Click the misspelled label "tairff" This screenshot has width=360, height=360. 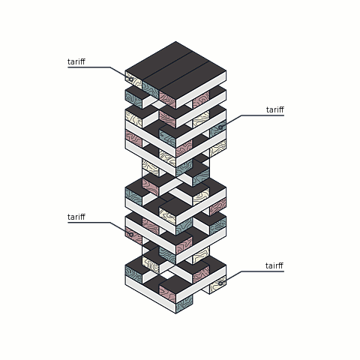274,265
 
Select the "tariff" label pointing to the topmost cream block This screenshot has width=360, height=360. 76,61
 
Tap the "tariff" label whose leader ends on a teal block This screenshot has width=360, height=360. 275,109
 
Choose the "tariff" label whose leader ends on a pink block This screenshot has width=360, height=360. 76,217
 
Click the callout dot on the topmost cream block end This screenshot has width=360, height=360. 130,79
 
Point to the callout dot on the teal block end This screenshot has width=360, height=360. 220,127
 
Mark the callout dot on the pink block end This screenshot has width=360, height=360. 130,235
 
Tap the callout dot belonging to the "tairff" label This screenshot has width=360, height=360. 220,283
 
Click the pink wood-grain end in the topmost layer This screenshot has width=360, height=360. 167,100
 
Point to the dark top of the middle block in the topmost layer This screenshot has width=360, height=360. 175,71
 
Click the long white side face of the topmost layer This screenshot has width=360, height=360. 201,90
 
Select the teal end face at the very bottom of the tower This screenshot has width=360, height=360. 184,304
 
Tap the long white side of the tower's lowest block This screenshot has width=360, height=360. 151,294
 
